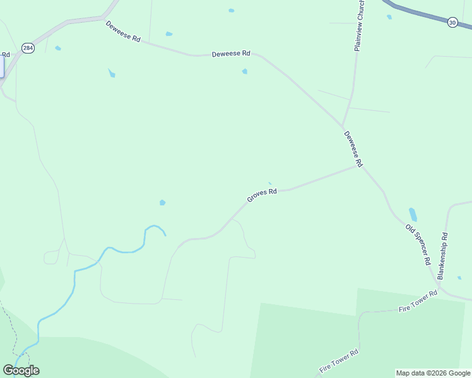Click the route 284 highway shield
coord(28,47)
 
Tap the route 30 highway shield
coord(452,22)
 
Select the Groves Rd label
coord(262,195)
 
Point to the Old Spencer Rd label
coord(418,244)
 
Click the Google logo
coord(21,370)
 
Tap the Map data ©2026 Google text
coord(433,373)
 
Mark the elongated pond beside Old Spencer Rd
coord(413,214)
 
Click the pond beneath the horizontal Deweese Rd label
coord(245,71)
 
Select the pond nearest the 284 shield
coord(58,48)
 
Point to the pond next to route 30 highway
coord(389,17)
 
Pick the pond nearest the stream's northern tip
coord(162,202)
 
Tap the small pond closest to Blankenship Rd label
coord(459,278)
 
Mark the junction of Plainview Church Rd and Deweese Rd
coord(343,125)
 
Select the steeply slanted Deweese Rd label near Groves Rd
coord(353,149)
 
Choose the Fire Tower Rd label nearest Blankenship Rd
coord(418,302)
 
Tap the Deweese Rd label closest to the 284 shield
coord(123,31)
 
